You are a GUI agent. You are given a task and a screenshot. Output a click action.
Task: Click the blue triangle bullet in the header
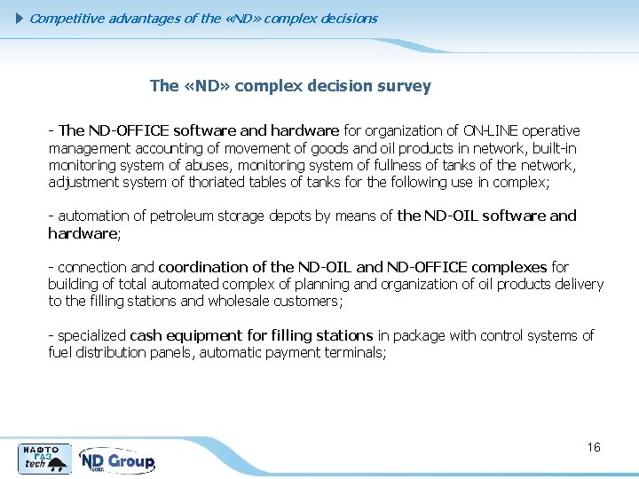tap(21, 19)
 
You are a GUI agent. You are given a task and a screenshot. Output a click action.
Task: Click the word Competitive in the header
tap(65, 19)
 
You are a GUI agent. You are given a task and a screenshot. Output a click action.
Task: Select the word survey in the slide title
tap(403, 86)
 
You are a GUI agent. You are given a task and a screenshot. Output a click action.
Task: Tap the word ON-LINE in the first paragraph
tap(489, 130)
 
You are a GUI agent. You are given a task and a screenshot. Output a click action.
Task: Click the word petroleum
tap(181, 216)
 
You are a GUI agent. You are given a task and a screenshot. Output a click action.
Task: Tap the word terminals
tap(356, 352)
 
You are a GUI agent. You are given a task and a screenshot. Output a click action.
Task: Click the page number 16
tap(594, 447)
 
